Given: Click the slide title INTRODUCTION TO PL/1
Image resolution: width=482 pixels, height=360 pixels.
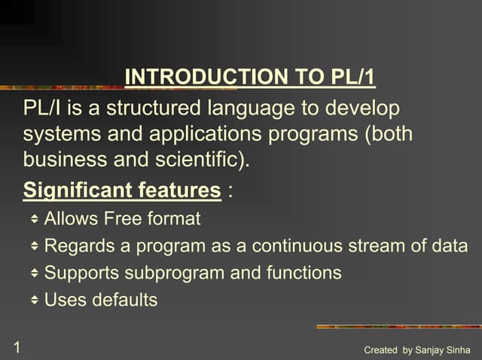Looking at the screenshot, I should [x=249, y=77].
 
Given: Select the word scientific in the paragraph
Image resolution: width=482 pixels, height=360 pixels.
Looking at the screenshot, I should [x=204, y=160].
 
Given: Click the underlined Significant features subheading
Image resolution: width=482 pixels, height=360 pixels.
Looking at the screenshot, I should [x=122, y=190].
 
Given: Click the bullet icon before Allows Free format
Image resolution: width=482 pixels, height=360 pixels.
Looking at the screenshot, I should [x=35, y=219].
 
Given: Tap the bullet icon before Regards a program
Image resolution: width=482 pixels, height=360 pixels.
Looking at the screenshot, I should [x=35, y=246].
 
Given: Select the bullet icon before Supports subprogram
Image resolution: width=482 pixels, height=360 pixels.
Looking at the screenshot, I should [x=35, y=273].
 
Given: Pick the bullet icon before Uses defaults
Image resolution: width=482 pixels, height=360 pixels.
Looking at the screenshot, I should [x=35, y=300].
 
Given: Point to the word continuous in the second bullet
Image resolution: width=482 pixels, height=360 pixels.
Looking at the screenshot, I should [x=295, y=246].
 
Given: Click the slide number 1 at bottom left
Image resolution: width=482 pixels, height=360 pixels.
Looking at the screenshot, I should [x=15, y=347].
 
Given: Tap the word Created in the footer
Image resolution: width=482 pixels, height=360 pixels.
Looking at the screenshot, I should [x=380, y=350].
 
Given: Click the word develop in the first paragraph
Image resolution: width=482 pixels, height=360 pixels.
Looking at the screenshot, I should [x=365, y=108].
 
